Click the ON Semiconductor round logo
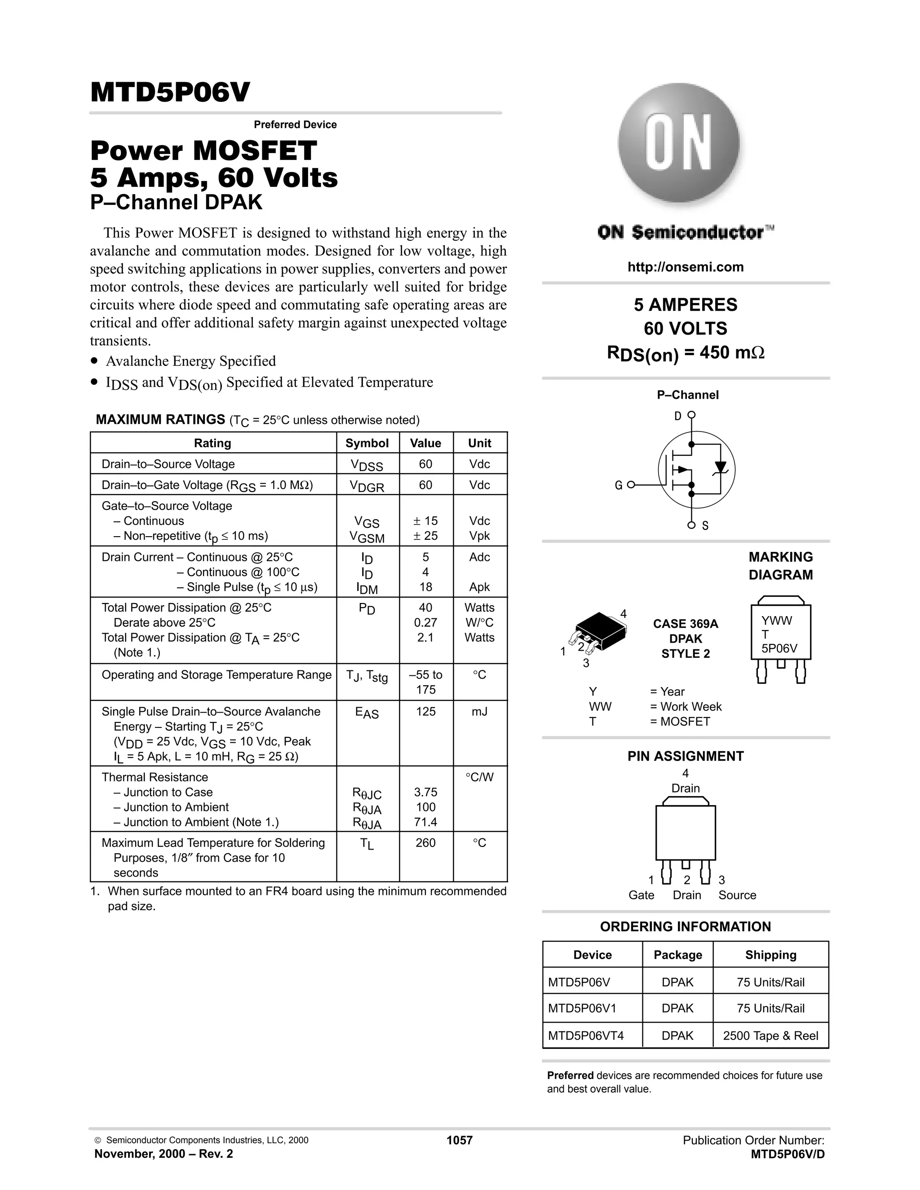pyautogui.click(x=679, y=143)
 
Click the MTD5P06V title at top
pyautogui.click(x=170, y=93)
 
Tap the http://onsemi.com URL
pyautogui.click(x=685, y=267)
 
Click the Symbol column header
pyautogui.click(x=367, y=443)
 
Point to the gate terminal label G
pyautogui.click(x=618, y=485)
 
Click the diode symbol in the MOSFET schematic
pyautogui.click(x=721, y=467)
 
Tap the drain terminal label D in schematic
pyautogui.click(x=677, y=416)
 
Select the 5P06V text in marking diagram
pyautogui.click(x=779, y=648)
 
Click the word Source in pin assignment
pyautogui.click(x=737, y=895)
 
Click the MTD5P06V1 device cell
pyautogui.click(x=582, y=1008)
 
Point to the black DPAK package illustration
pyautogui.click(x=600, y=630)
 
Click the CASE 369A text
pyautogui.click(x=685, y=624)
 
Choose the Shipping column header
pyautogui.click(x=770, y=955)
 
